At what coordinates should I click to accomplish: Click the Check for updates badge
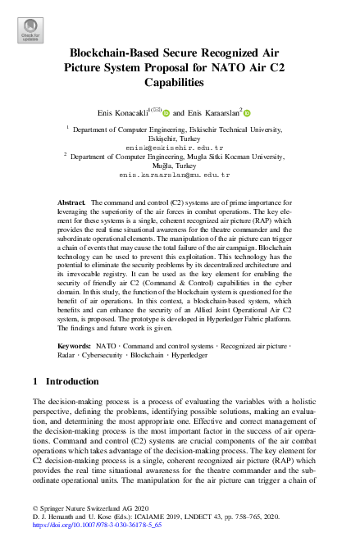[x=30, y=30]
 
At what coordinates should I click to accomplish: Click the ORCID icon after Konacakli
[x=166, y=113]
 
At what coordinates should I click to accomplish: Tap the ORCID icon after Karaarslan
[x=245, y=113]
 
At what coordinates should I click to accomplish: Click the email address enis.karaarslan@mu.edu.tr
[x=179, y=175]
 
